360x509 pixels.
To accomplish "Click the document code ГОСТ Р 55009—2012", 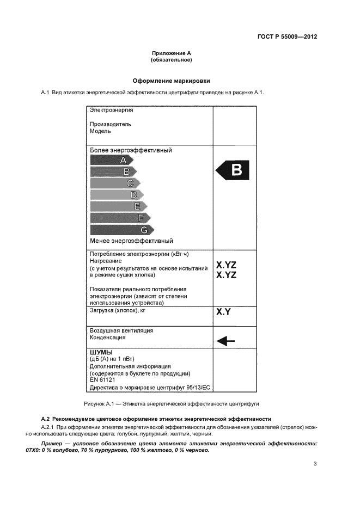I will (x=287, y=37).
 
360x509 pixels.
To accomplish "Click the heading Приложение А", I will (x=172, y=53).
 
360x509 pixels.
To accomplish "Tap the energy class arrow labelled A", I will (x=111, y=160).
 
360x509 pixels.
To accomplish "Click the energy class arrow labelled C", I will (x=114, y=183).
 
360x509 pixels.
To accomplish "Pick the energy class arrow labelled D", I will (x=117, y=195).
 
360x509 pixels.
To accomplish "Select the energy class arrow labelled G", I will (x=121, y=230).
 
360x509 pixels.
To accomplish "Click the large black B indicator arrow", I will (x=233, y=171).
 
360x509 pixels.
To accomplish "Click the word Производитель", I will (x=111, y=124).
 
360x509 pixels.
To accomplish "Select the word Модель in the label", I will (x=101, y=131).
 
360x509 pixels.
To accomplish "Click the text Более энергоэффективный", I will (x=131, y=150).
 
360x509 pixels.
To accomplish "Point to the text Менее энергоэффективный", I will (x=131, y=241).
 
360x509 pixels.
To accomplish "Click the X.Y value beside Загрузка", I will (x=224, y=312).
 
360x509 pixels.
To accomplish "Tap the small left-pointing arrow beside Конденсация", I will (x=225, y=341).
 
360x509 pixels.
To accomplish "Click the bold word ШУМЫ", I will (x=101, y=353).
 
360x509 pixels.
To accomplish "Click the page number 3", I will (x=315, y=464).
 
